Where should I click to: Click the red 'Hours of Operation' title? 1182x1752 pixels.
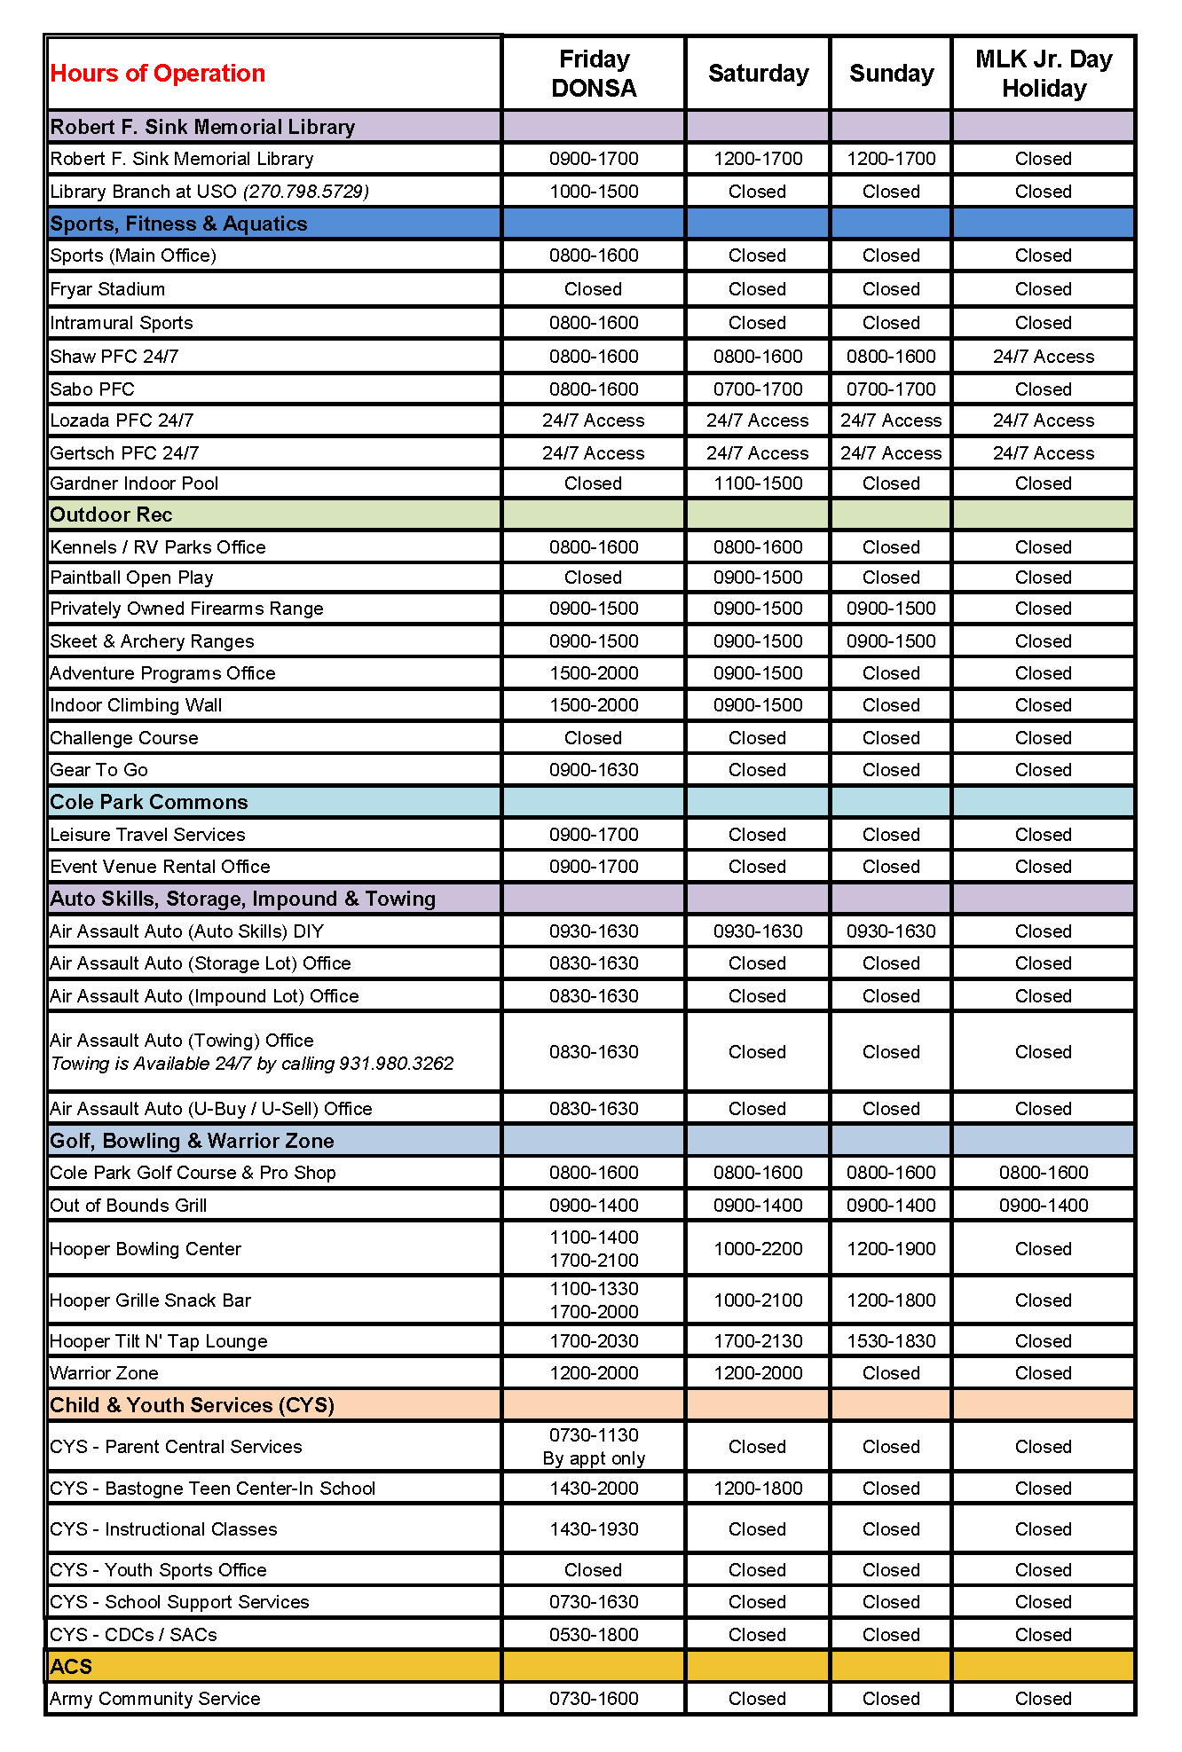coord(158,73)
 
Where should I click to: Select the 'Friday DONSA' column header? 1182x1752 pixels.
coord(594,74)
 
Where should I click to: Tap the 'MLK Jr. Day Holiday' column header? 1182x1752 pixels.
coord(1044,74)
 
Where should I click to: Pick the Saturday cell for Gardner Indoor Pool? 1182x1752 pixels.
coord(758,483)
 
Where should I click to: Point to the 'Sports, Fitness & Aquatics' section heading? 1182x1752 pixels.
coord(178,224)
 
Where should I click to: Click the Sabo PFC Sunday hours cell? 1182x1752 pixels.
coord(891,389)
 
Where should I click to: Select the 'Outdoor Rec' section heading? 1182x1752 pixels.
coord(111,515)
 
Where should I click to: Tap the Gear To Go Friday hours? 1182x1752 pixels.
coord(594,770)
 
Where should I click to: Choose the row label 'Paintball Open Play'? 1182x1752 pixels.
coord(131,577)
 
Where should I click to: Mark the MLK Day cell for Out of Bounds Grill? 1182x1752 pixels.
coord(1044,1206)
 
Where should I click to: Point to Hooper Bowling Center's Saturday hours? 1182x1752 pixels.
coord(758,1249)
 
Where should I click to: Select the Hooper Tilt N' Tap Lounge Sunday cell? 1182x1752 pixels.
coord(891,1341)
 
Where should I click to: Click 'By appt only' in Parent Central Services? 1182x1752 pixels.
coord(594,1458)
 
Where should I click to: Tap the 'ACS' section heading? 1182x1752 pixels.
coord(71,1667)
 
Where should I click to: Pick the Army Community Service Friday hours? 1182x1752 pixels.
coord(594,1699)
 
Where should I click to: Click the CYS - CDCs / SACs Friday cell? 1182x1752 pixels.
coord(594,1635)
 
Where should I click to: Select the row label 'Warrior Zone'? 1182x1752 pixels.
coord(104,1373)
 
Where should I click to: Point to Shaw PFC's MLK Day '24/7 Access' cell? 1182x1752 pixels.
coord(1044,357)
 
